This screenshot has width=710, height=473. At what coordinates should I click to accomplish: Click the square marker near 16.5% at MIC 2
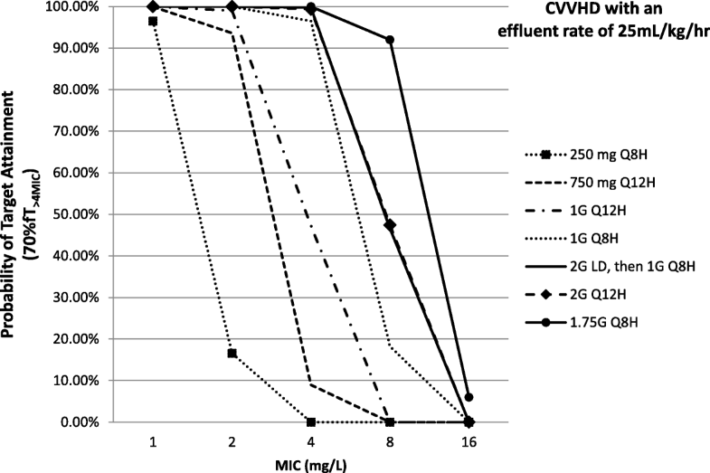tap(232, 353)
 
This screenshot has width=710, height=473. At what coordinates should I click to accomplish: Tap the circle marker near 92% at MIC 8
tap(390, 40)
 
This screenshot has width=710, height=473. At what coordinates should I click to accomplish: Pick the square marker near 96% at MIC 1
tap(154, 21)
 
